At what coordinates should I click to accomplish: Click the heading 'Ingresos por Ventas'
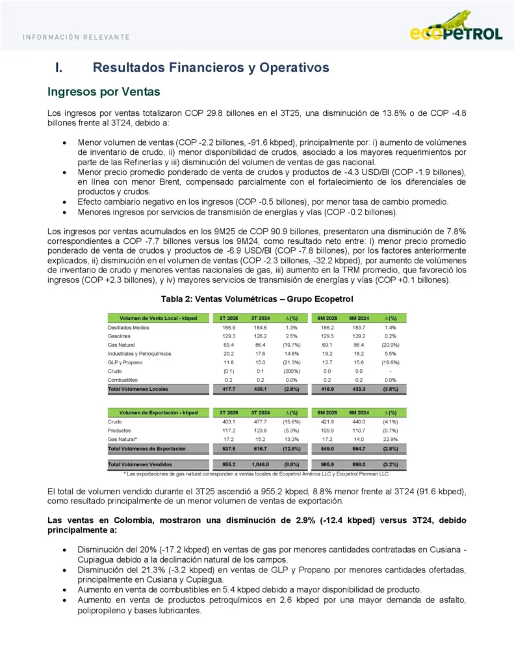[103, 92]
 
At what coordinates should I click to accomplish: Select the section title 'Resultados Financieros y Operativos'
[211, 68]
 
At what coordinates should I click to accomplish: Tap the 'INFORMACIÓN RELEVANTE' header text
[76, 37]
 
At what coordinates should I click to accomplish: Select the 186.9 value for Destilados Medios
[229, 327]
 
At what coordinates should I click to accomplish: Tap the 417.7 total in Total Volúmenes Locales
[229, 389]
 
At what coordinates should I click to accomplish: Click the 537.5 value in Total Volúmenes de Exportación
[229, 449]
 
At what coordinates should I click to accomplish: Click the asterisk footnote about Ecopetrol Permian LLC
[257, 474]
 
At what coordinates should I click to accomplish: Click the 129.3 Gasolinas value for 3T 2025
[229, 336]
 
